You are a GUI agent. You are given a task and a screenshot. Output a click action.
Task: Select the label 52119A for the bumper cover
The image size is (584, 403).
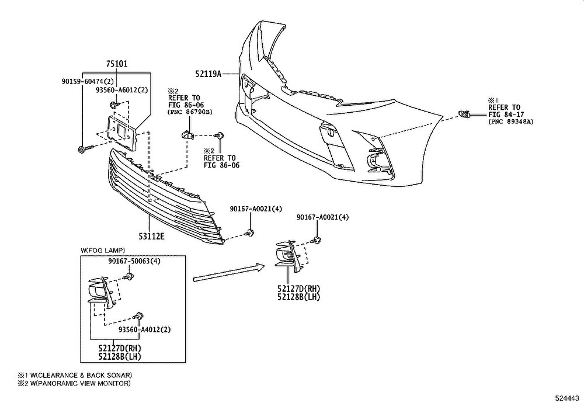208,74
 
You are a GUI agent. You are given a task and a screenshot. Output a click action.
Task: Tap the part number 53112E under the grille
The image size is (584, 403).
151,237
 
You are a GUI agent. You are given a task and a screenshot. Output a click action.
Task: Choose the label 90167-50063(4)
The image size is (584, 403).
134,261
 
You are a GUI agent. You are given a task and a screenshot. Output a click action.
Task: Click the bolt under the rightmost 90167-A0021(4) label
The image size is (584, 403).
317,240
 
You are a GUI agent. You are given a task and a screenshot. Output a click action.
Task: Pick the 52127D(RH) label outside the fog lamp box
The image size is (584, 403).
299,289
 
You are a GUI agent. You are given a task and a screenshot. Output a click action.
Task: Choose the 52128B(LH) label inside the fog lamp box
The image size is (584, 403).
120,356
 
